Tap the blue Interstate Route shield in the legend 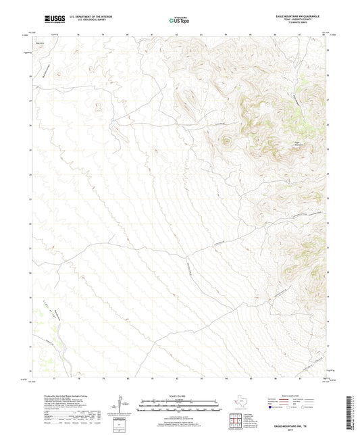pos(271,407)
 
